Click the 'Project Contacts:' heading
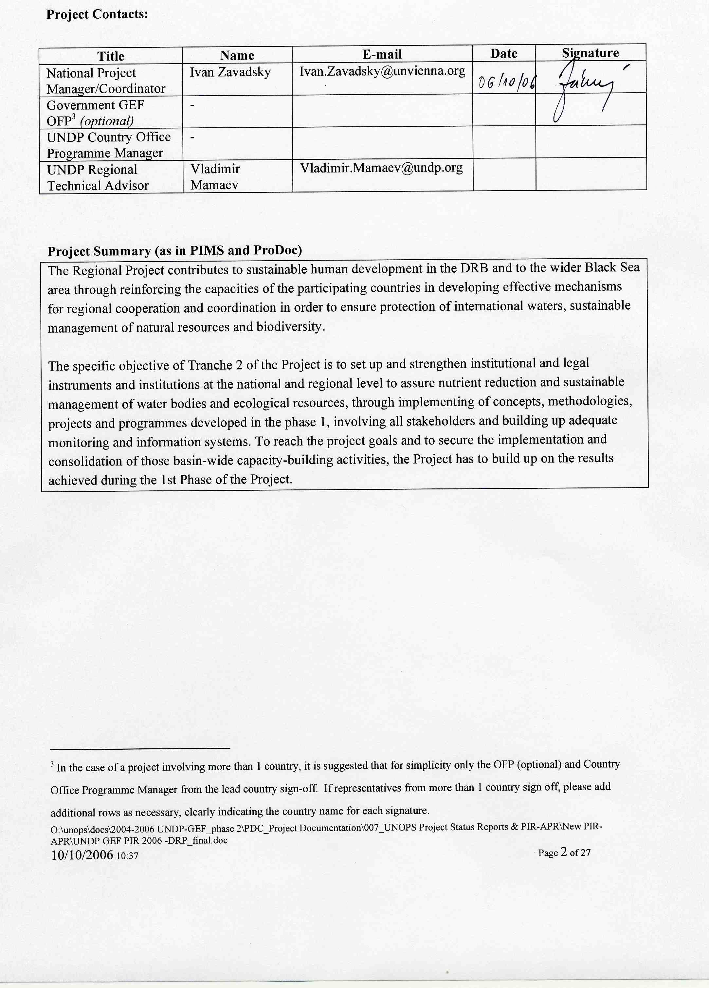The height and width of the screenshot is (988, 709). [x=97, y=14]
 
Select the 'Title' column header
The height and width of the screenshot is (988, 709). [x=111, y=56]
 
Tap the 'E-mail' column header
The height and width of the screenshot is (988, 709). [x=382, y=54]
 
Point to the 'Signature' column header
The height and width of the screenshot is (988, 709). [x=590, y=53]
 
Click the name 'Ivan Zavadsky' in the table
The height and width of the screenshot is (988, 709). [x=230, y=72]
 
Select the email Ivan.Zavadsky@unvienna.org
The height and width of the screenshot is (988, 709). [x=382, y=71]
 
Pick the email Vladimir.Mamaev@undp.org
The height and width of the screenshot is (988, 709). [x=381, y=168]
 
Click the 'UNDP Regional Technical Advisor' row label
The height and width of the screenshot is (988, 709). [x=98, y=177]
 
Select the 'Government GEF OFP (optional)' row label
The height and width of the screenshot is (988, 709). [x=95, y=113]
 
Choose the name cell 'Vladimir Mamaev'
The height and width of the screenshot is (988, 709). [x=215, y=176]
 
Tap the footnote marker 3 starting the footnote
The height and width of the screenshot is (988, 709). [x=52, y=764]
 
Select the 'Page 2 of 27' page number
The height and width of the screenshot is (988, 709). [x=564, y=852]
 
